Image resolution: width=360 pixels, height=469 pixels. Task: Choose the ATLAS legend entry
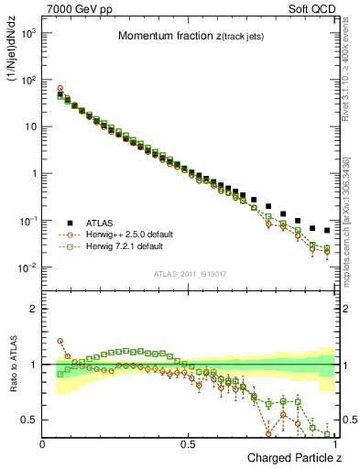coord(101,223)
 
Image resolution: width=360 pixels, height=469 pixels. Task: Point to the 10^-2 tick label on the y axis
coord(28,267)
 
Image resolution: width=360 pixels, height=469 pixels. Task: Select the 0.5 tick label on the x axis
coord(189,444)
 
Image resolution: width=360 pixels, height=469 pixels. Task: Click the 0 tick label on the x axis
coord(43,444)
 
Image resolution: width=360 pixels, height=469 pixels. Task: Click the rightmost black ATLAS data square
coord(327,230)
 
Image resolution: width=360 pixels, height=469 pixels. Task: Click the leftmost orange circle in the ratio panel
coord(60,341)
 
